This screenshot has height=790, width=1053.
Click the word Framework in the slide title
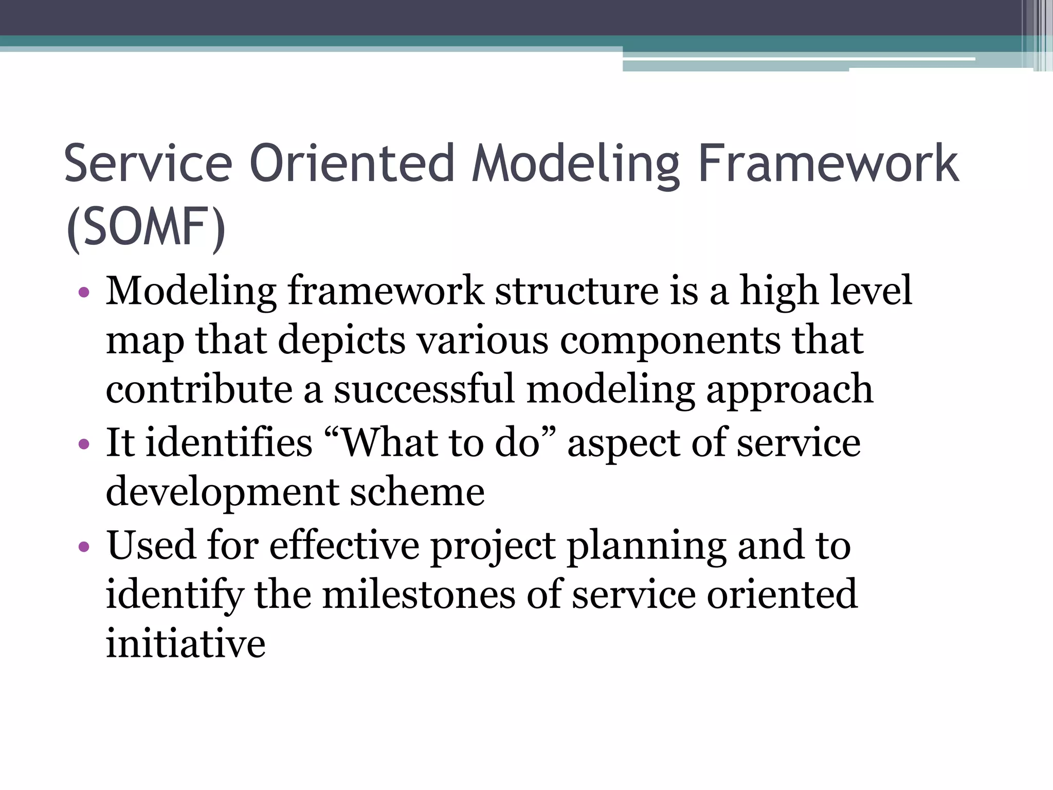828,164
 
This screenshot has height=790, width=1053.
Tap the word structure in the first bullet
576,291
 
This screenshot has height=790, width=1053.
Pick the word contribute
199,389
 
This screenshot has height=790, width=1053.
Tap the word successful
424,389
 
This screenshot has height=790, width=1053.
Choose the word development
222,493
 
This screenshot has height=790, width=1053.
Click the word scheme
417,492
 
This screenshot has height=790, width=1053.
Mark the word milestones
419,595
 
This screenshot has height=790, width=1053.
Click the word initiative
186,643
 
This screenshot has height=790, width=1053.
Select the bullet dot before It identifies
84,444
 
